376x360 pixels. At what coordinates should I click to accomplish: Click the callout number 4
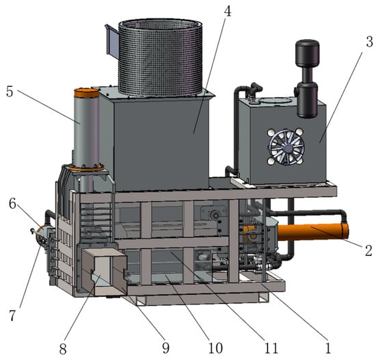click(x=228, y=11)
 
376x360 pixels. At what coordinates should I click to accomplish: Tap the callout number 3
click(x=370, y=42)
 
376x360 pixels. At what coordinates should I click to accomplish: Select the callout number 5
click(x=10, y=92)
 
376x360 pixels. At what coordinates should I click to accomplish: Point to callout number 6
click(x=12, y=204)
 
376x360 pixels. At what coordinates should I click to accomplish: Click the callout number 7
click(x=12, y=316)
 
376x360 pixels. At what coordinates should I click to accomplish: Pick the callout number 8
click(x=63, y=349)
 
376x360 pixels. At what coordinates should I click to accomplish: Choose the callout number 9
click(x=165, y=348)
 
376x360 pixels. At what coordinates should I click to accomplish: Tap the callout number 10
click(x=215, y=348)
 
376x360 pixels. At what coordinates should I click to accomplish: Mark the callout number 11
click(x=271, y=348)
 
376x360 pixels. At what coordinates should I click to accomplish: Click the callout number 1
click(x=327, y=348)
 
